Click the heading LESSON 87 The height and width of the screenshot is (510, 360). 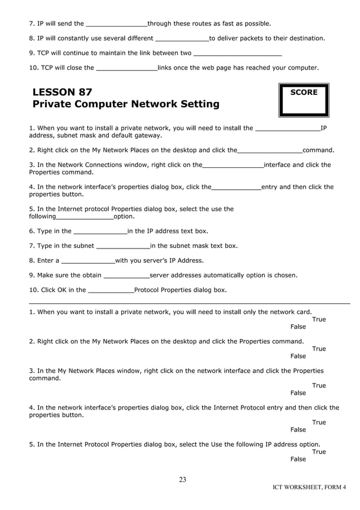click(63, 92)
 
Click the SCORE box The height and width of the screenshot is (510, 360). click(304, 100)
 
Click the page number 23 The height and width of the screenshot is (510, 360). click(182, 480)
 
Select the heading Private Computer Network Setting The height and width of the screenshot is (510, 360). click(126, 104)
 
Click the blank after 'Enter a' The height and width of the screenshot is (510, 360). click(87, 261)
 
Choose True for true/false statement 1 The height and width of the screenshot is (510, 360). click(319, 320)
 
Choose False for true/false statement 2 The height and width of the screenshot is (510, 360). click(298, 356)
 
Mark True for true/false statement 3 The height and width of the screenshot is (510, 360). click(319, 386)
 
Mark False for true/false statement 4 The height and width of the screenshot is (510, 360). click(298, 430)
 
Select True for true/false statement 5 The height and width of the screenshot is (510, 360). click(319, 452)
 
